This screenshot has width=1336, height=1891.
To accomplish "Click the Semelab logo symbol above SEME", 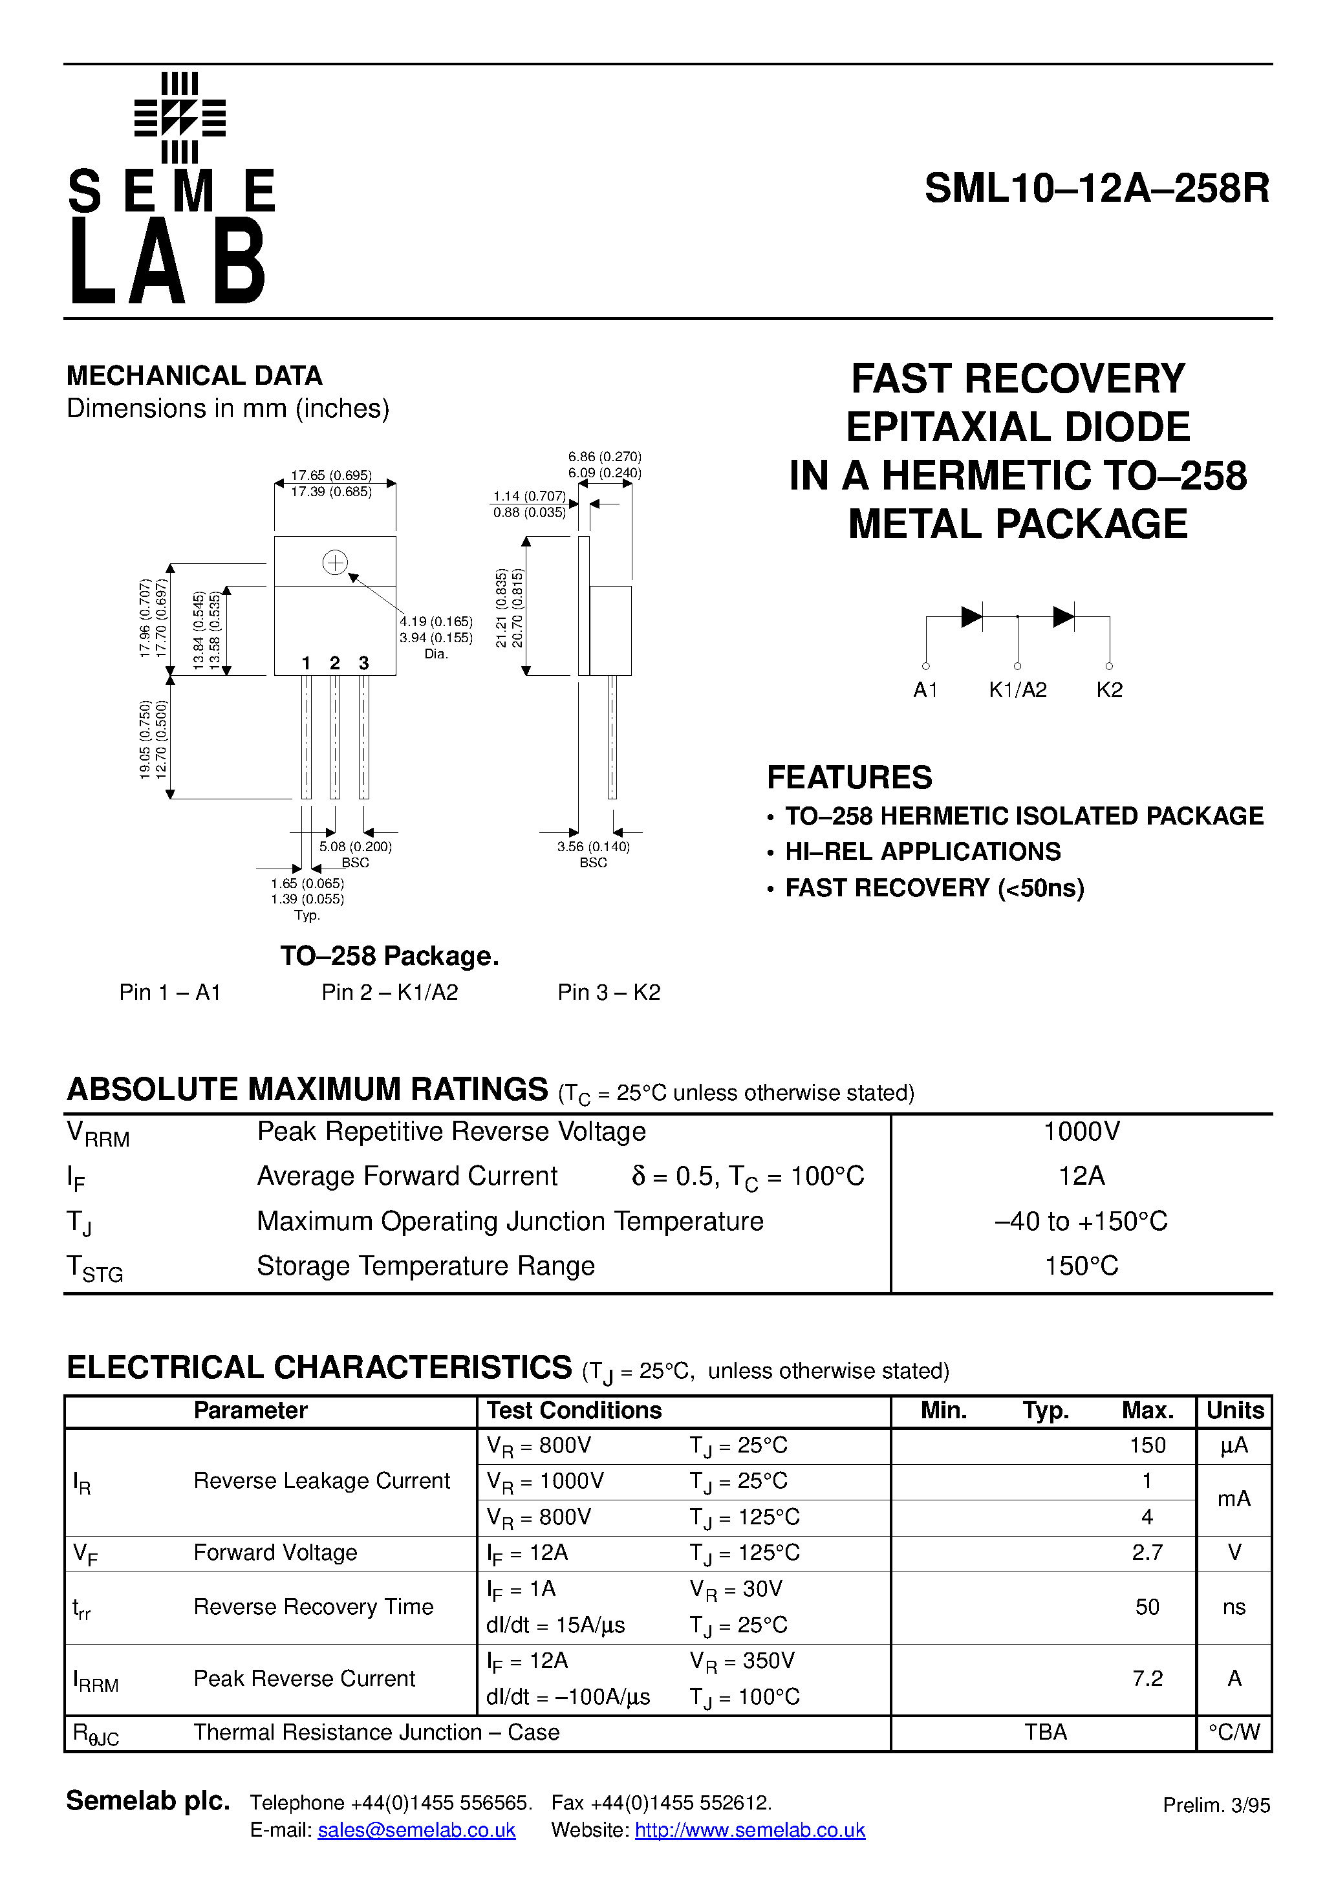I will click(180, 118).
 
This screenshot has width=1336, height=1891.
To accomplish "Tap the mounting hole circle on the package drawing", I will click(334, 563).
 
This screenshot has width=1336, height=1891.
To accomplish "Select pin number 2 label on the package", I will click(334, 663).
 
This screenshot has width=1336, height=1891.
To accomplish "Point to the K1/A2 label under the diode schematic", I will click(1017, 690).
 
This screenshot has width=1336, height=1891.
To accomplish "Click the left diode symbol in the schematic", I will click(971, 616).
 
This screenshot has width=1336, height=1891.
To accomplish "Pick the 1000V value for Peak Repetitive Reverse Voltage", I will click(1081, 1132).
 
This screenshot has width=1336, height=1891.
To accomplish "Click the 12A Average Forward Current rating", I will click(1081, 1176).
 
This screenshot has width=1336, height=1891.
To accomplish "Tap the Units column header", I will click(1234, 1411).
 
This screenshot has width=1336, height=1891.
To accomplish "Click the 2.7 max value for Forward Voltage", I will click(1147, 1553).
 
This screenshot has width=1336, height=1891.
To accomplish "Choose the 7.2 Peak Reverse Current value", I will click(1147, 1678).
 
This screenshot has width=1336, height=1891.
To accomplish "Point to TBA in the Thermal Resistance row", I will click(1045, 1732).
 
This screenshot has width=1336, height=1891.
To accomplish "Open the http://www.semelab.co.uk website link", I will click(749, 1830).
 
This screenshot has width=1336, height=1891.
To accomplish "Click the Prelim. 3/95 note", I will click(1216, 1806).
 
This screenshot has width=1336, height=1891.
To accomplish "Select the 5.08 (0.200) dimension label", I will click(355, 847).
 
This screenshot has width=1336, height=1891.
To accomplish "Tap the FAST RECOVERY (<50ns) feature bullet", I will click(934, 888).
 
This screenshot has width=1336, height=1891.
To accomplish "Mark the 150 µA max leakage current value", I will click(1147, 1445).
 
